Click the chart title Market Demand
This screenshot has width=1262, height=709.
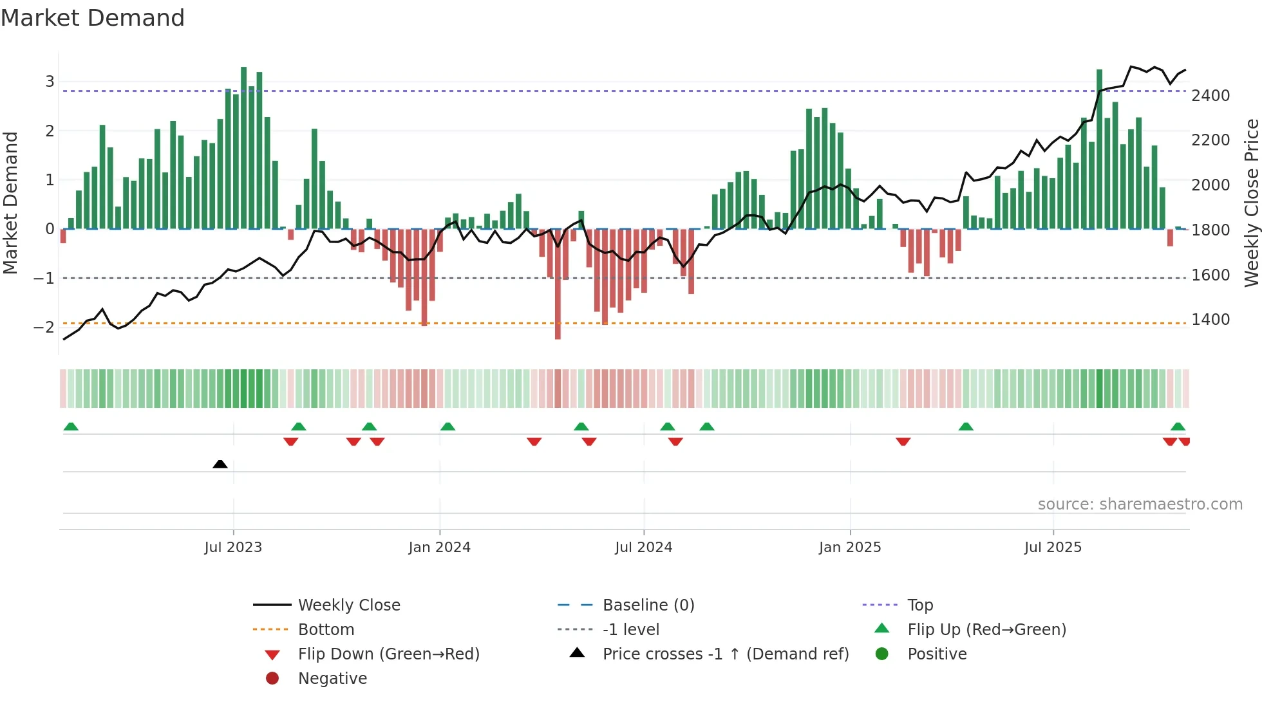[x=93, y=18]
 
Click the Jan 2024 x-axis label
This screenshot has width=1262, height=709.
[x=439, y=548]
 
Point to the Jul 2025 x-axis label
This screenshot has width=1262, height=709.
[x=1053, y=548]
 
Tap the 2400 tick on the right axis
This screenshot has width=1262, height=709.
[x=1210, y=96]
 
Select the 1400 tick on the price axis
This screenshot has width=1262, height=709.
[x=1210, y=320]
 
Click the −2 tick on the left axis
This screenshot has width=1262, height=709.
[x=44, y=327]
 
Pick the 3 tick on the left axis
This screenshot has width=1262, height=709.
[x=50, y=82]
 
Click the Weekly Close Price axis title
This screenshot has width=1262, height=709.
[x=1251, y=203]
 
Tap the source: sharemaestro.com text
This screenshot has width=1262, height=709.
[x=1140, y=504]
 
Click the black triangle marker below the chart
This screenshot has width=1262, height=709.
[x=220, y=464]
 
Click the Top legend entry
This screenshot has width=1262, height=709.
[x=919, y=605]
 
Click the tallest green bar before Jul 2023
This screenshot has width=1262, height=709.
[x=243, y=148]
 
